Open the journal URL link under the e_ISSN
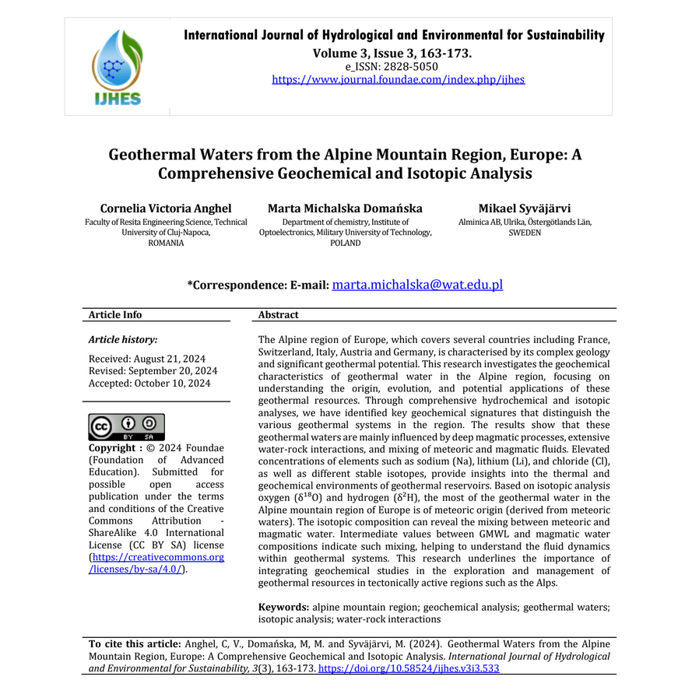(398, 79)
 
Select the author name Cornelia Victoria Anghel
(165, 209)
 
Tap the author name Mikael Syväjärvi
(524, 209)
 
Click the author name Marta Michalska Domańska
(345, 209)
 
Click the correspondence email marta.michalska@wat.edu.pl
(417, 285)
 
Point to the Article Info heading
(115, 315)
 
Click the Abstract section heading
(278, 315)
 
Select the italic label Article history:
(123, 340)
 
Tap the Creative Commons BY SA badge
(126, 427)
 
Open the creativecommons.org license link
(156, 563)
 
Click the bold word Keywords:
(283, 606)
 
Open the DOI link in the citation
(408, 668)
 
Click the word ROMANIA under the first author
(165, 243)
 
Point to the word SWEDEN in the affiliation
(524, 233)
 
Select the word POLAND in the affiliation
(345, 243)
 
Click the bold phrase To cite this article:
(134, 644)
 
